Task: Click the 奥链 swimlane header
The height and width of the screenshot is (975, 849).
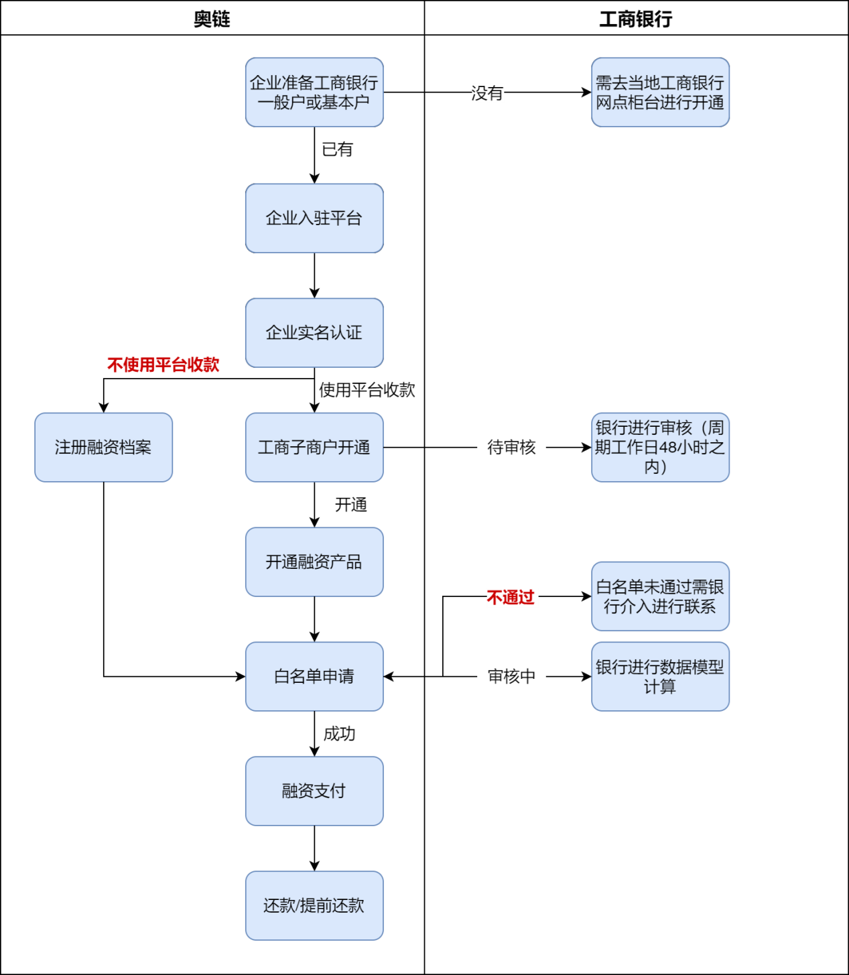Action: click(212, 19)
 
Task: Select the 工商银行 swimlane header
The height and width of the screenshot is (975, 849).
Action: click(635, 19)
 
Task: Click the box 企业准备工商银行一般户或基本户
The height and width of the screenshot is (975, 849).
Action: click(314, 92)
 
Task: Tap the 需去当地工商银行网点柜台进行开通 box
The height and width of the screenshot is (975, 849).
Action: click(660, 92)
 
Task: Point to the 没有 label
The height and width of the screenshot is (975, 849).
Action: click(488, 93)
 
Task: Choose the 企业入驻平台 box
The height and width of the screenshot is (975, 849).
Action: click(314, 218)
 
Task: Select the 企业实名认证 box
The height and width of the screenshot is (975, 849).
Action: click(314, 333)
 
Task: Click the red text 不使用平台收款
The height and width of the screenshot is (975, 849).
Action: click(163, 365)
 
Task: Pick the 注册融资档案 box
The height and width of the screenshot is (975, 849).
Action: click(103, 448)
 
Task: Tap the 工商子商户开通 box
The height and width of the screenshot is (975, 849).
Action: click(314, 448)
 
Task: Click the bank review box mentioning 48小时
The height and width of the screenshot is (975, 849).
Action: click(660, 448)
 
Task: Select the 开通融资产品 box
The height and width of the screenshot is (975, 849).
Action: click(314, 562)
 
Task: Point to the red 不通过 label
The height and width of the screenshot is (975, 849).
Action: click(511, 598)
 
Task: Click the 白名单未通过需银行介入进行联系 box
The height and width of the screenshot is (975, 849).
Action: click(660, 596)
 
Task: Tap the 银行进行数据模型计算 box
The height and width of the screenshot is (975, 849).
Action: click(660, 677)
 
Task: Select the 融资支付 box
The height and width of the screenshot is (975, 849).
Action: click(314, 791)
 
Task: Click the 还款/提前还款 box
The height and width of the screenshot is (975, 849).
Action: click(314, 906)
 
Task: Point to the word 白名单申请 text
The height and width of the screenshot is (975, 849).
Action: click(314, 677)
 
